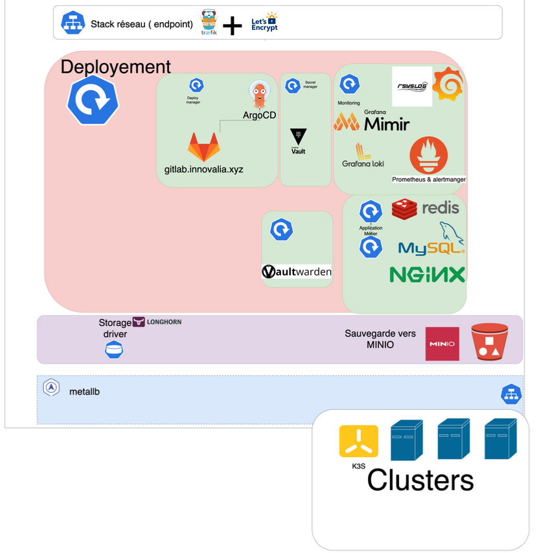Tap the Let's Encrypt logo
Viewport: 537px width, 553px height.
[264, 23]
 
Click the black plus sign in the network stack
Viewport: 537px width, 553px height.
[232, 26]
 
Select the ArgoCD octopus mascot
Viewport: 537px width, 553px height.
[259, 96]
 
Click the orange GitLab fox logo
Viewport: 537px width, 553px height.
[203, 147]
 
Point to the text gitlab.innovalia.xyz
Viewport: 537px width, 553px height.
[203, 169]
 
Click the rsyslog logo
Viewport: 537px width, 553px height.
[413, 86]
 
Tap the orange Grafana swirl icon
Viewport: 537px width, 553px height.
[448, 84]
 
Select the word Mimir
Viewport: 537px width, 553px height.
[387, 123]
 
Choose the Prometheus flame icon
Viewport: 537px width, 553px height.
[428, 155]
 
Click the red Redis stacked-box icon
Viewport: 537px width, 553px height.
[404, 209]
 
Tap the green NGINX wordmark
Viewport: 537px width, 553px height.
[428, 275]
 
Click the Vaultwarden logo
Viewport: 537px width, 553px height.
[297, 272]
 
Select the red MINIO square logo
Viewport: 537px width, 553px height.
[442, 344]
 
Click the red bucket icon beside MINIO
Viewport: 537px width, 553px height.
[490, 342]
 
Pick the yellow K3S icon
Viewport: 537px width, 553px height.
[358, 441]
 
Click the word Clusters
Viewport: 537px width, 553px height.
[420, 481]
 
